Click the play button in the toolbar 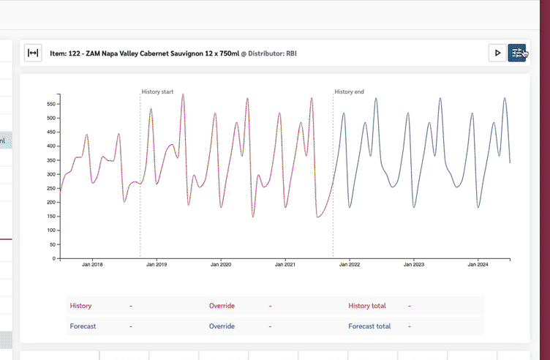pyautogui.click(x=497, y=53)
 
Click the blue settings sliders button pyautogui.click(x=517, y=53)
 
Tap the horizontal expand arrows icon pyautogui.click(x=33, y=53)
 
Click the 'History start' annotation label pyautogui.click(x=157, y=92)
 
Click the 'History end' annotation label pyautogui.click(x=349, y=92)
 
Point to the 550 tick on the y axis pyautogui.click(x=51, y=104)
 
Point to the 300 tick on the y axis pyautogui.click(x=51, y=174)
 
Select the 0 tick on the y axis pyautogui.click(x=54, y=258)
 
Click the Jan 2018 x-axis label pyautogui.click(x=92, y=266)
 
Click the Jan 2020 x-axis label pyautogui.click(x=220, y=266)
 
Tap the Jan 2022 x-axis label pyautogui.click(x=349, y=266)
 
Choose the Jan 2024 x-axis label pyautogui.click(x=477, y=266)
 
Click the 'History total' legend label pyautogui.click(x=367, y=306)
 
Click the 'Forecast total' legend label pyautogui.click(x=369, y=326)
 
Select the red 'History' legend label pyautogui.click(x=80, y=306)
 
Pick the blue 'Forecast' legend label pyautogui.click(x=83, y=326)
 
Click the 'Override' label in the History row pyautogui.click(x=222, y=306)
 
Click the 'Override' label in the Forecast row pyautogui.click(x=222, y=326)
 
